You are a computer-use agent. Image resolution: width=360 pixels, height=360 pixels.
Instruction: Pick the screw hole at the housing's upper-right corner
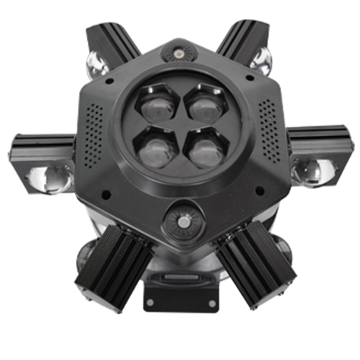[x=250, y=77]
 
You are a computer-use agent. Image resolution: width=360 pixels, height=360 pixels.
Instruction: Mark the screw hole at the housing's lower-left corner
[x=106, y=195]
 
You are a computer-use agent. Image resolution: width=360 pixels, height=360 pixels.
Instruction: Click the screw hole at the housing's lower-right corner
[x=260, y=191]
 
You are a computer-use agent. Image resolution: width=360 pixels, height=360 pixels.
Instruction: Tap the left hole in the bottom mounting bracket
[x=150, y=303]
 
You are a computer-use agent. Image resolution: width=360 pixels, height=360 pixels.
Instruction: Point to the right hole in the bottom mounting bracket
[x=212, y=303]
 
